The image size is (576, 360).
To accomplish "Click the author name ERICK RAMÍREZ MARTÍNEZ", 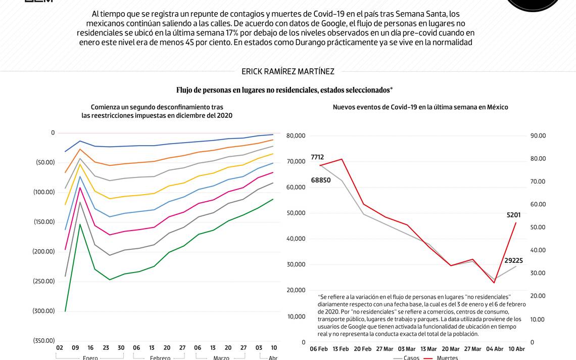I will click(287, 72).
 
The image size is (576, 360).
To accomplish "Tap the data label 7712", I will click(317, 157).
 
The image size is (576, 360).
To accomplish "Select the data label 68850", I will click(320, 181).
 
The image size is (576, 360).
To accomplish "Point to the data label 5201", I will click(513, 215).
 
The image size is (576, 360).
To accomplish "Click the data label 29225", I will click(513, 261).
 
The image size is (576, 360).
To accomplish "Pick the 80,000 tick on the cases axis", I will click(296, 136).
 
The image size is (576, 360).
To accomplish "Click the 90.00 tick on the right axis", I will click(538, 136).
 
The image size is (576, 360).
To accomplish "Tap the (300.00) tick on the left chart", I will click(45, 311).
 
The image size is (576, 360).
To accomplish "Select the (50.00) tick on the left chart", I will click(45, 162).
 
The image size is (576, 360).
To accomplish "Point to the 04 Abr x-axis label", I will click(494, 349).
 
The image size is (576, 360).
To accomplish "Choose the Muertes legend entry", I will click(447, 358).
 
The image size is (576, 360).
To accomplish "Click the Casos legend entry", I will click(411, 358).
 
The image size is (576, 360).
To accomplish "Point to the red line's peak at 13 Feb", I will click(342, 159).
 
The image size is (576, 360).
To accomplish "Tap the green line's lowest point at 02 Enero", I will click(65, 311).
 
